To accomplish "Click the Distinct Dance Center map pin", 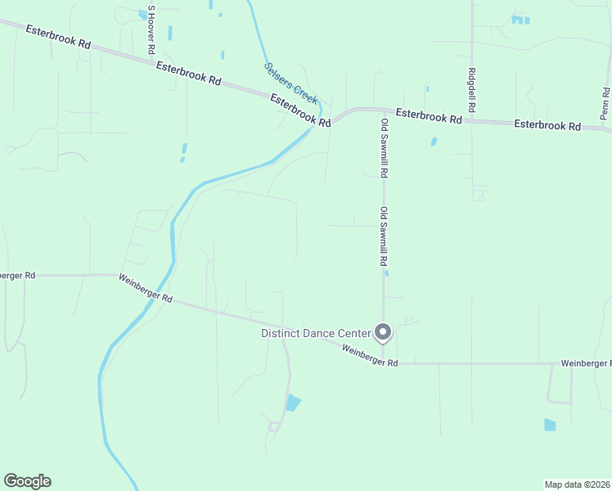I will pos(383,331).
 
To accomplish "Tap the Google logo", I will pos(27,481).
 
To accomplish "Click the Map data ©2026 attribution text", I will pos(578,484).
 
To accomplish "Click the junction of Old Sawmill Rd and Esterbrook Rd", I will pos(382,109).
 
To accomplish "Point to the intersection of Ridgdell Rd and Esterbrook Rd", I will pos(473,120).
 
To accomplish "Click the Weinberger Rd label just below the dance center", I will pos(370,356).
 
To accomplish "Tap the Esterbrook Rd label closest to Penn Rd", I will pos(547,126).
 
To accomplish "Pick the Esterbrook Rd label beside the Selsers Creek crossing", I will pos(300,110).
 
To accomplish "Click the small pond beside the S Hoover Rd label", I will pos(143,14).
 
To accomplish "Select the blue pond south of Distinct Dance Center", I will pos(292,403).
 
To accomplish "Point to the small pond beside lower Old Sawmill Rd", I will pos(386,273).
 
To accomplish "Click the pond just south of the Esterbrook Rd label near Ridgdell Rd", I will pos(434,141).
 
